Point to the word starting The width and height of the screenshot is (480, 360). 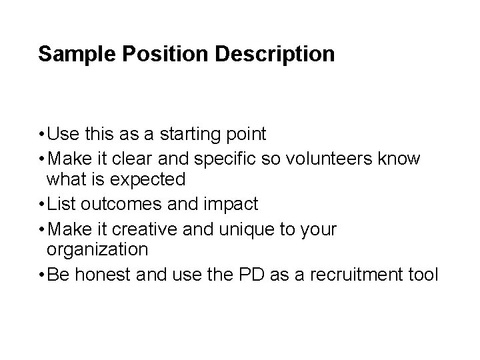click(191, 135)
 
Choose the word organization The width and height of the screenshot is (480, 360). click(97, 250)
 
